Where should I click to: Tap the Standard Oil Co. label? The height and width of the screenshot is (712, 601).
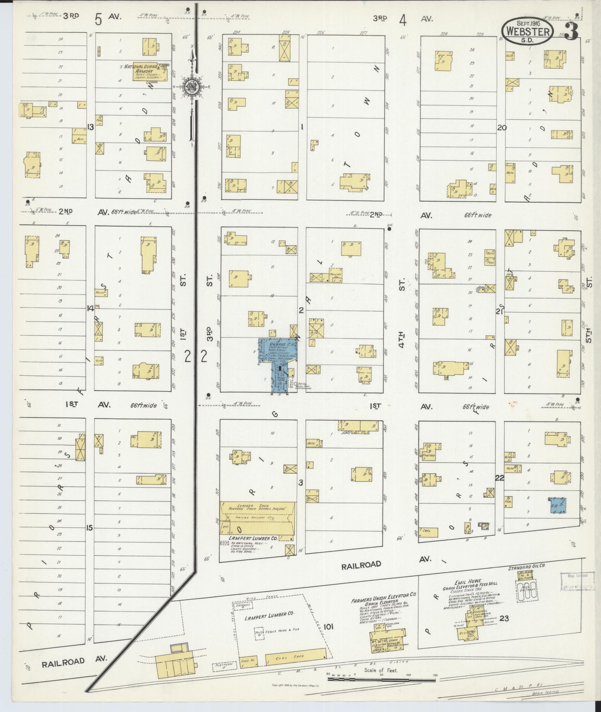coord(527,576)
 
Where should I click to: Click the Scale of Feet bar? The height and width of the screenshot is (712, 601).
coord(381,679)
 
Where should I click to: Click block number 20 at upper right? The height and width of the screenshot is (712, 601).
coord(502,128)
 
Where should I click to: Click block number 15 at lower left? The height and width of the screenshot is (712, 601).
coord(89,528)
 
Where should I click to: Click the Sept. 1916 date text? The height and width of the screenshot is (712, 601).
coord(528,23)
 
